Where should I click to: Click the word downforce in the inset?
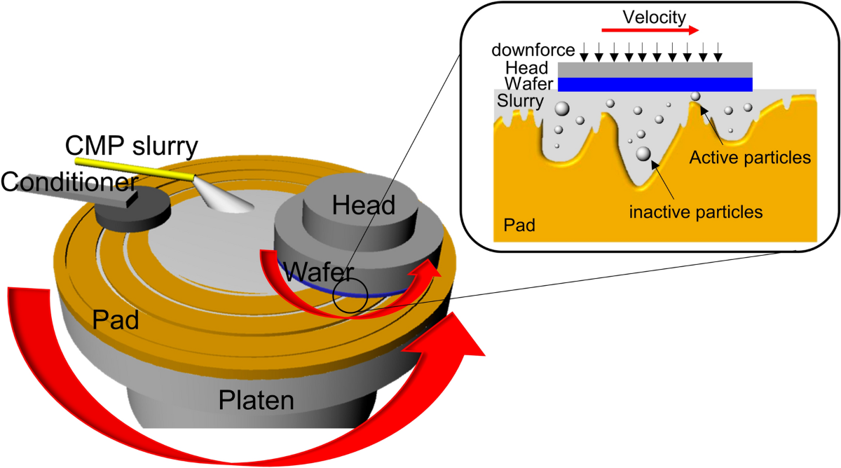click(x=533, y=50)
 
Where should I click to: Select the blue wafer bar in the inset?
click(x=655, y=84)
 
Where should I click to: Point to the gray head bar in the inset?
click(x=655, y=69)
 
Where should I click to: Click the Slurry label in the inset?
click(x=520, y=101)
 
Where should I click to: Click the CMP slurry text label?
click(x=132, y=146)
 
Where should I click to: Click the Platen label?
click(x=256, y=400)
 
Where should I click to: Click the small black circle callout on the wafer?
click(x=350, y=296)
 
